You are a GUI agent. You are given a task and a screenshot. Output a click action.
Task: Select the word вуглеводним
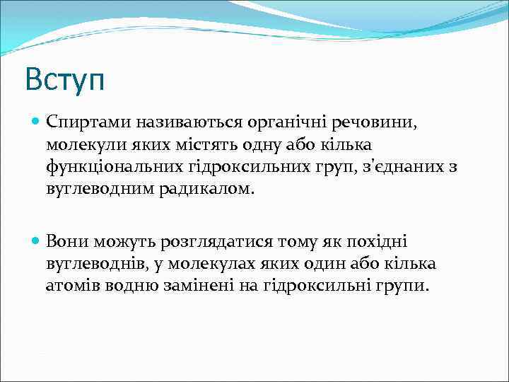click(x=95, y=190)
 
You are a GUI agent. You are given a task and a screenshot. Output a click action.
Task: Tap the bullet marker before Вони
click(x=36, y=241)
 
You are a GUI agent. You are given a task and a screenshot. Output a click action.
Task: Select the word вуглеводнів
click(x=89, y=264)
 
